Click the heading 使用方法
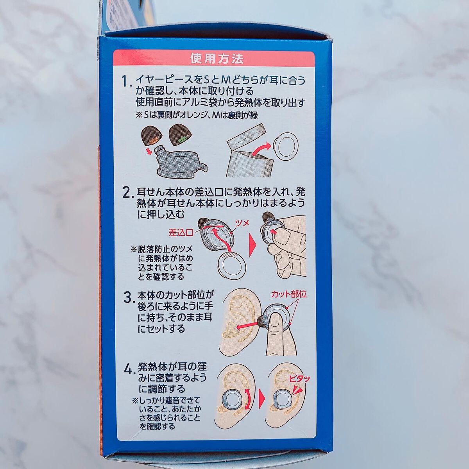[217, 59]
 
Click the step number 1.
[125, 82]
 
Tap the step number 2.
[126, 193]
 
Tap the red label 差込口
[181, 233]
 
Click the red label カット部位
[288, 295]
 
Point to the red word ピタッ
[299, 378]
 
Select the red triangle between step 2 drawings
[253, 246]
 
